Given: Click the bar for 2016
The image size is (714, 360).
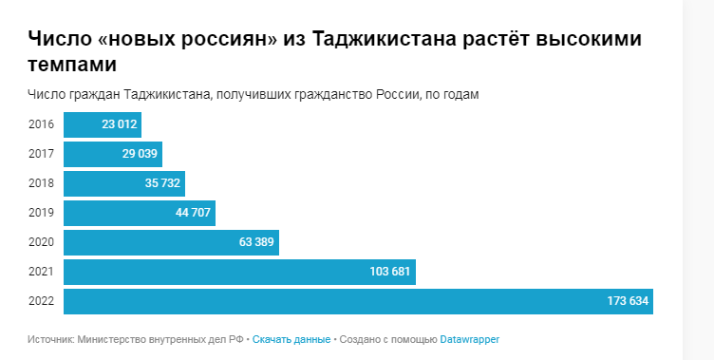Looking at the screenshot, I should pyautogui.click(x=85, y=124).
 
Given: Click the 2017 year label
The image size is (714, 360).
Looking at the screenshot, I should pyautogui.click(x=41, y=154).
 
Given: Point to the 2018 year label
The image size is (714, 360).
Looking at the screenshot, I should pyautogui.click(x=41, y=183).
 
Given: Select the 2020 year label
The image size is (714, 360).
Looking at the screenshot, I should pyautogui.click(x=41, y=242).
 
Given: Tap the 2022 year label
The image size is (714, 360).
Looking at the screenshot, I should pyautogui.click(x=41, y=301).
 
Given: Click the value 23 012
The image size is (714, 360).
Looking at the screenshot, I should pyautogui.click(x=121, y=124).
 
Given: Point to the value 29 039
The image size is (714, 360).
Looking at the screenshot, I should pyautogui.click(x=140, y=154).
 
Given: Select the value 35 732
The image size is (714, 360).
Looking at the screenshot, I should pyautogui.click(x=162, y=183).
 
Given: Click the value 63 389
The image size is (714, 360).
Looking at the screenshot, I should pyautogui.click(x=256, y=242).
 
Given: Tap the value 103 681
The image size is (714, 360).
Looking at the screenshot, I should pyautogui.click(x=389, y=272).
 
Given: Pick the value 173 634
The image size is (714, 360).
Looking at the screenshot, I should pyautogui.click(x=628, y=301).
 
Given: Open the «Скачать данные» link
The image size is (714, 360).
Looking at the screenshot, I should pyautogui.click(x=291, y=339).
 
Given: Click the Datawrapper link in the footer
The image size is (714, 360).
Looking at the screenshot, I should pyautogui.click(x=469, y=339).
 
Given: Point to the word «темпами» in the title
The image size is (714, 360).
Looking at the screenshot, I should pyautogui.click(x=73, y=65).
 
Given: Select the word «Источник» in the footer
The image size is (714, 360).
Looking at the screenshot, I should pyautogui.click(x=50, y=339).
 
